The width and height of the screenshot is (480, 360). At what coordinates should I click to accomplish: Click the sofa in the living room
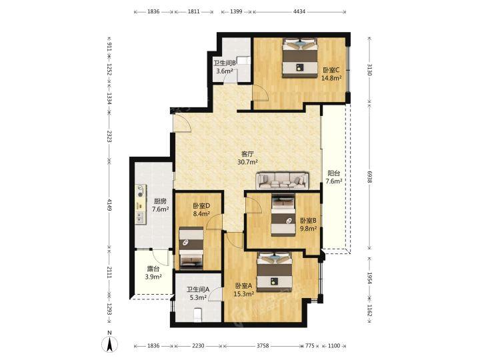coord(282,181)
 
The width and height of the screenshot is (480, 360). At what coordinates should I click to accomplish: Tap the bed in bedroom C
coord(299,58)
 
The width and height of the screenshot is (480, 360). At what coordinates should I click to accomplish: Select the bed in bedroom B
coord(283,216)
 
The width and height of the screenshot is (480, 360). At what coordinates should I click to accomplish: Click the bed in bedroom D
coord(191,248)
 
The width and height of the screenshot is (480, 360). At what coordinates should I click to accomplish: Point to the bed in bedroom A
coord(274,272)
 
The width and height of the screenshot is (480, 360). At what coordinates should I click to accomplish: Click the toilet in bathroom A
coord(198,315)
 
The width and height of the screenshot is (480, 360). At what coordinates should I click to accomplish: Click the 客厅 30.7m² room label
coord(247,158)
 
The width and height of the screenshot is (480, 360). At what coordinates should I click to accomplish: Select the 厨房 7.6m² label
coord(161,205)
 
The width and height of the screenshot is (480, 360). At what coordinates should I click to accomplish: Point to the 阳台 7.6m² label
coord(334,177)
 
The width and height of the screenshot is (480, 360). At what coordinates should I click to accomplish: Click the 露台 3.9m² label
coord(153,273)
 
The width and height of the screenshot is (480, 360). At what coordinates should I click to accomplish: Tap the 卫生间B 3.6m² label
coord(225,67)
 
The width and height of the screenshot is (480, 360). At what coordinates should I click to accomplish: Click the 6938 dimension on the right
coord(369,177)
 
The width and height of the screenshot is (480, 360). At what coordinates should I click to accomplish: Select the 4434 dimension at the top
coord(299,11)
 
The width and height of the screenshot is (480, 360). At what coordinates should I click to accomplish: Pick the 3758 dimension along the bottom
coord(263,345)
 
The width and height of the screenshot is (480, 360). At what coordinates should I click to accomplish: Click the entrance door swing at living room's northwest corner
coord(181,123)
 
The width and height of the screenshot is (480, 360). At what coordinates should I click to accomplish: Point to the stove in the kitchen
coord(141,190)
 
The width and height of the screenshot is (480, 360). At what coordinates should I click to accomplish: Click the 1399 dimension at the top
coord(236,11)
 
